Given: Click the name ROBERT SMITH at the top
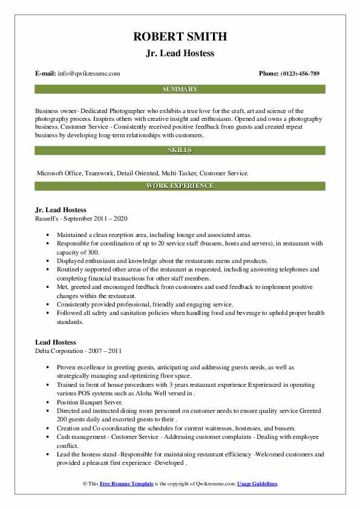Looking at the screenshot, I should click(180, 36).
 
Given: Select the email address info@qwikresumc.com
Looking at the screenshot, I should click(88, 74).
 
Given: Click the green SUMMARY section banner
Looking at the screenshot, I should click(180, 89).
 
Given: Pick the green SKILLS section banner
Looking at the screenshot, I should click(180, 150).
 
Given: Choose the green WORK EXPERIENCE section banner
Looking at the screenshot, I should click(180, 186).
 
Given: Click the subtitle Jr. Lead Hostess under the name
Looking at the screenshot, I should click(180, 53).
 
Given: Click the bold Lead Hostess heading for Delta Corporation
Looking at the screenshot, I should click(56, 342).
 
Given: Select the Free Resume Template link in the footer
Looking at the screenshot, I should click(128, 484).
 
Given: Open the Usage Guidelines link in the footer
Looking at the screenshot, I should click(257, 484).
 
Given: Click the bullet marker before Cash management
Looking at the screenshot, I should click(48, 436).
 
